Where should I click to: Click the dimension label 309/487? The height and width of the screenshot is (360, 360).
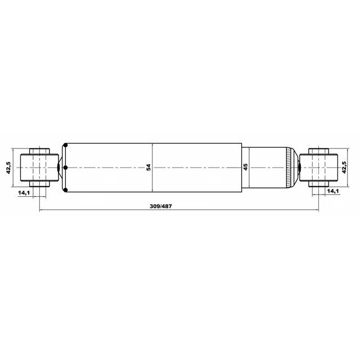point(161,206)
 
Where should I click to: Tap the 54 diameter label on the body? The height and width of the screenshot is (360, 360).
point(148,167)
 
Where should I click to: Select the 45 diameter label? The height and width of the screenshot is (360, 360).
point(245,167)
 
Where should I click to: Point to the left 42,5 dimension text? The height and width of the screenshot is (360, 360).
point(8,168)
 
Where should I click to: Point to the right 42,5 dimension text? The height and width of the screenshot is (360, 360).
point(344,167)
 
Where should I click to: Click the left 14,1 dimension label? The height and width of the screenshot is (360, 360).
point(24,192)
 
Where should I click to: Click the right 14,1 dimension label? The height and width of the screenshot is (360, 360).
point(333,191)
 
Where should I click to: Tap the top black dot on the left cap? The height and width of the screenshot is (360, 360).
point(65,145)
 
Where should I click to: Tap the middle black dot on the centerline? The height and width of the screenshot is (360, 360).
point(65,168)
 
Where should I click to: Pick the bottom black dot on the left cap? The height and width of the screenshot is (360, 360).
point(65,190)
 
